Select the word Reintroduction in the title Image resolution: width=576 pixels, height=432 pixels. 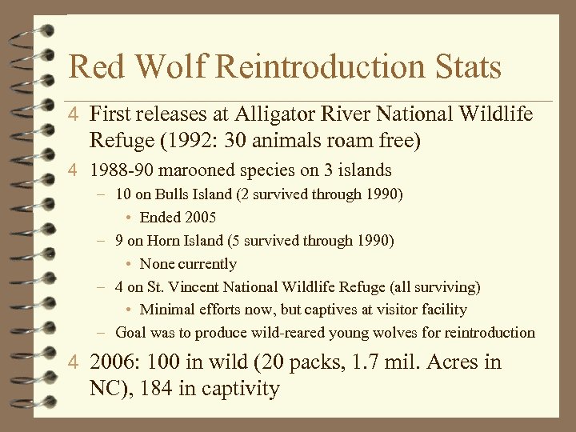tap(320, 67)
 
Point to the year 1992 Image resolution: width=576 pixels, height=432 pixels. tap(190, 141)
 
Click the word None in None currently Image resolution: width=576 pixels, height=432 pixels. tap(158, 263)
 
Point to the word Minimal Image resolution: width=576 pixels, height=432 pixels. tap(169, 310)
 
